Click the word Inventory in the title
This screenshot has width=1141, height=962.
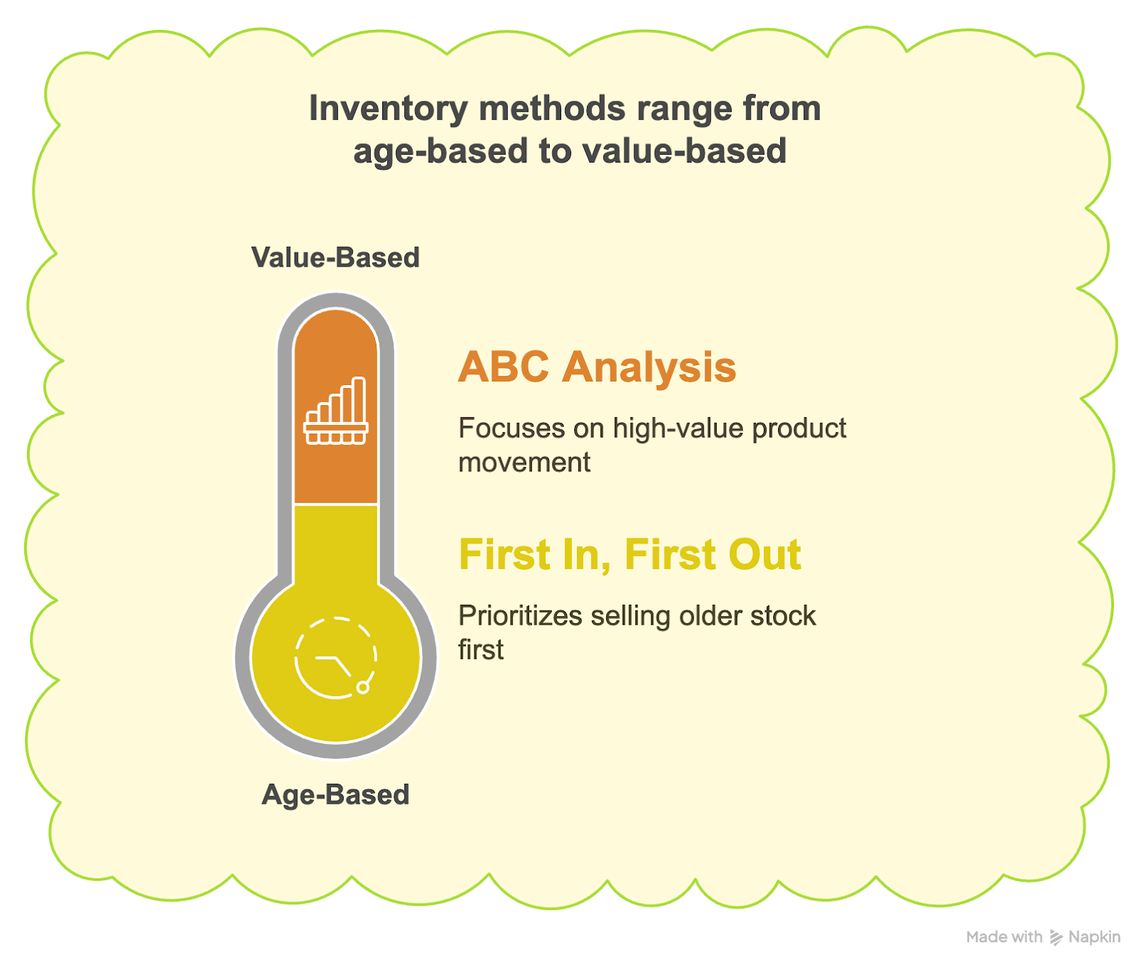pos(388,109)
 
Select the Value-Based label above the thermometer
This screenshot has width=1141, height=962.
pos(335,257)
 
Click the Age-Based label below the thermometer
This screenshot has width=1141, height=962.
pos(335,794)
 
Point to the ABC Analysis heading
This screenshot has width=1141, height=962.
pos(597,367)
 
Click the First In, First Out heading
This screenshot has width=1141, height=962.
pos(630,555)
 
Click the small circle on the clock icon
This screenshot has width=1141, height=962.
pos(362,687)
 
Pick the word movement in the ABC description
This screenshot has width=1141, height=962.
pos(524,463)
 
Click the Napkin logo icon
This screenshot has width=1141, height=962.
pos(1056,938)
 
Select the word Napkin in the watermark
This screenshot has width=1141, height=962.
pos(1095,937)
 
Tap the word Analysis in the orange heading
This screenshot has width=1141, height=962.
pos(649,367)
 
